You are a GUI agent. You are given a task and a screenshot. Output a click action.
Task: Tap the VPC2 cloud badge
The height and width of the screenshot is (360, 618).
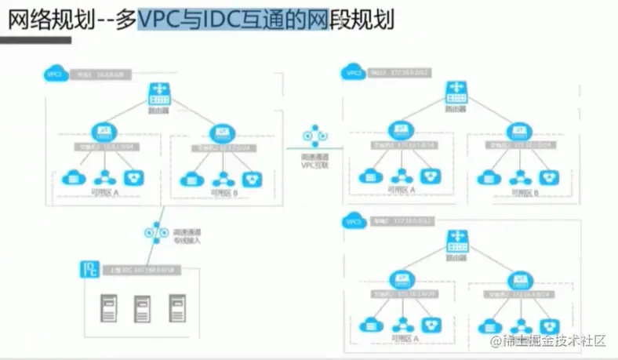(352, 73)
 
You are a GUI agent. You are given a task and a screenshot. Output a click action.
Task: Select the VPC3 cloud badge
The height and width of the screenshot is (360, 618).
(352, 222)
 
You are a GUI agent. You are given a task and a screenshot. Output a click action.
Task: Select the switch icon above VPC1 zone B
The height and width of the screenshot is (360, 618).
(223, 131)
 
